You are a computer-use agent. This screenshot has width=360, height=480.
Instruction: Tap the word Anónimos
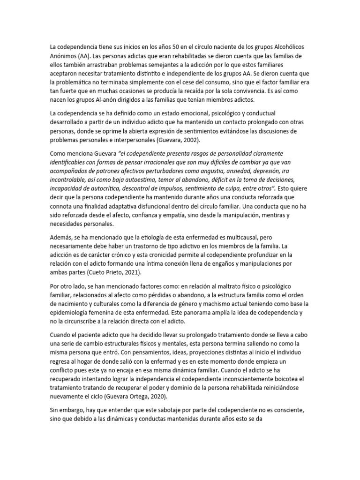65,55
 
